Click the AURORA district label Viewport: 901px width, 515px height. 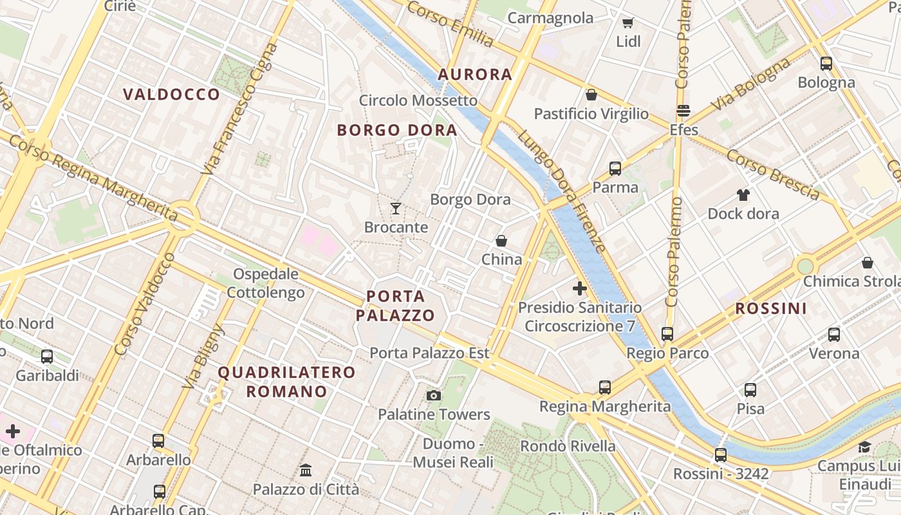pos(475,75)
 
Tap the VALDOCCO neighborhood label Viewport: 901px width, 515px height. pos(172,95)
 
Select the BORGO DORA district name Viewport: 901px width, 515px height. pos(397,130)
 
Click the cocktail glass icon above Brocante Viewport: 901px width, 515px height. pos(396,209)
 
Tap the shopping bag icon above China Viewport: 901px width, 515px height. pos(501,241)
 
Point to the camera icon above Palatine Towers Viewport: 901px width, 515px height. pos(434,395)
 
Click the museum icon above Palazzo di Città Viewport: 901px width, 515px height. pos(306,471)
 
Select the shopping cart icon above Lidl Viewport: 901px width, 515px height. pos(627,23)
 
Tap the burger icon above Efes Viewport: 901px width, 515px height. pos(683,111)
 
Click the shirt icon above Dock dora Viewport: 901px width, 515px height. pos(743,194)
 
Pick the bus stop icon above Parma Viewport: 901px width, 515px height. pos(615,169)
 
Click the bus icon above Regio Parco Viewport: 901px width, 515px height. pos(667,334)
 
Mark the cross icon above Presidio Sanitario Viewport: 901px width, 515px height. pos(580,288)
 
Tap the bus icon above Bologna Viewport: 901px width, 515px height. pos(826,64)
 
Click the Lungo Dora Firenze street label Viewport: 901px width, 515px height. pos(562,192)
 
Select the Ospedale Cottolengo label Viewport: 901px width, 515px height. pos(266,283)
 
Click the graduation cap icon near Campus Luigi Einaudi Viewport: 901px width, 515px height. pos(864,447)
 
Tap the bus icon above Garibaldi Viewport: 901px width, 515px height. pos(47,357)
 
